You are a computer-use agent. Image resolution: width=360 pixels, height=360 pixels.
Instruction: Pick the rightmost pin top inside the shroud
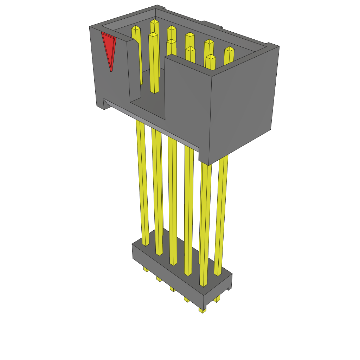[229, 50]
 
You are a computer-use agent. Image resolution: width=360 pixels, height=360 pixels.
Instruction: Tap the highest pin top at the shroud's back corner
[154, 22]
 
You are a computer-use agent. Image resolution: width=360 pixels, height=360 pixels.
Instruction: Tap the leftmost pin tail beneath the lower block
[145, 269]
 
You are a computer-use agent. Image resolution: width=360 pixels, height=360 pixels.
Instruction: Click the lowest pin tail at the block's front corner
[202, 310]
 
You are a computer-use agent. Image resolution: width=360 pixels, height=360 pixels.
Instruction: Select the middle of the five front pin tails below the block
[172, 289]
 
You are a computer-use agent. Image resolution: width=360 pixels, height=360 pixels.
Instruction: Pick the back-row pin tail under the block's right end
[217, 299]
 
